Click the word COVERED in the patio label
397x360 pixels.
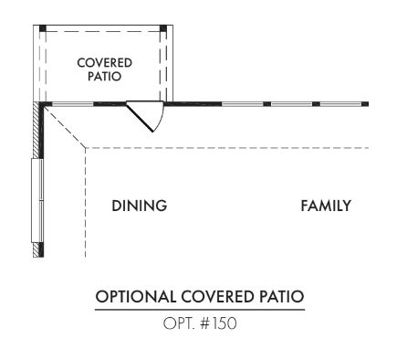point(104,63)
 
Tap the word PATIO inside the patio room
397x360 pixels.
point(104,76)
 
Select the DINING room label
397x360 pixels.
point(140,206)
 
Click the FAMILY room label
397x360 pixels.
point(326,206)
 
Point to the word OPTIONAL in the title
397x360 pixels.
point(136,297)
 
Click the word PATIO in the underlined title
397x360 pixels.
point(281,297)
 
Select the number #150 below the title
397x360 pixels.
point(218,323)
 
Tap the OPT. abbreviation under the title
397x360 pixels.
point(179,323)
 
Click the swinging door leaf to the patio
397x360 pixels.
point(140,117)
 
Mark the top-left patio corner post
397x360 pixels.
point(43,28)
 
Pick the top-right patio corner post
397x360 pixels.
point(163,28)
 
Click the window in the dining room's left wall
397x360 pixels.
point(37,200)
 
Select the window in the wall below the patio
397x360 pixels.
point(73,104)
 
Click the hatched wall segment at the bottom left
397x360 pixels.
point(37,250)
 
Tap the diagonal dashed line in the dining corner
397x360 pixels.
point(65,126)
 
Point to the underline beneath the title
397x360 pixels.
point(200,310)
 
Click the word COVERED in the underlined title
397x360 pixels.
point(217,297)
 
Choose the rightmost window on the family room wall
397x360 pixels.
point(341,104)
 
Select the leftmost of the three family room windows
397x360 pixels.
point(243,104)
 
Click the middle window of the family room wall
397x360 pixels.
point(292,104)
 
